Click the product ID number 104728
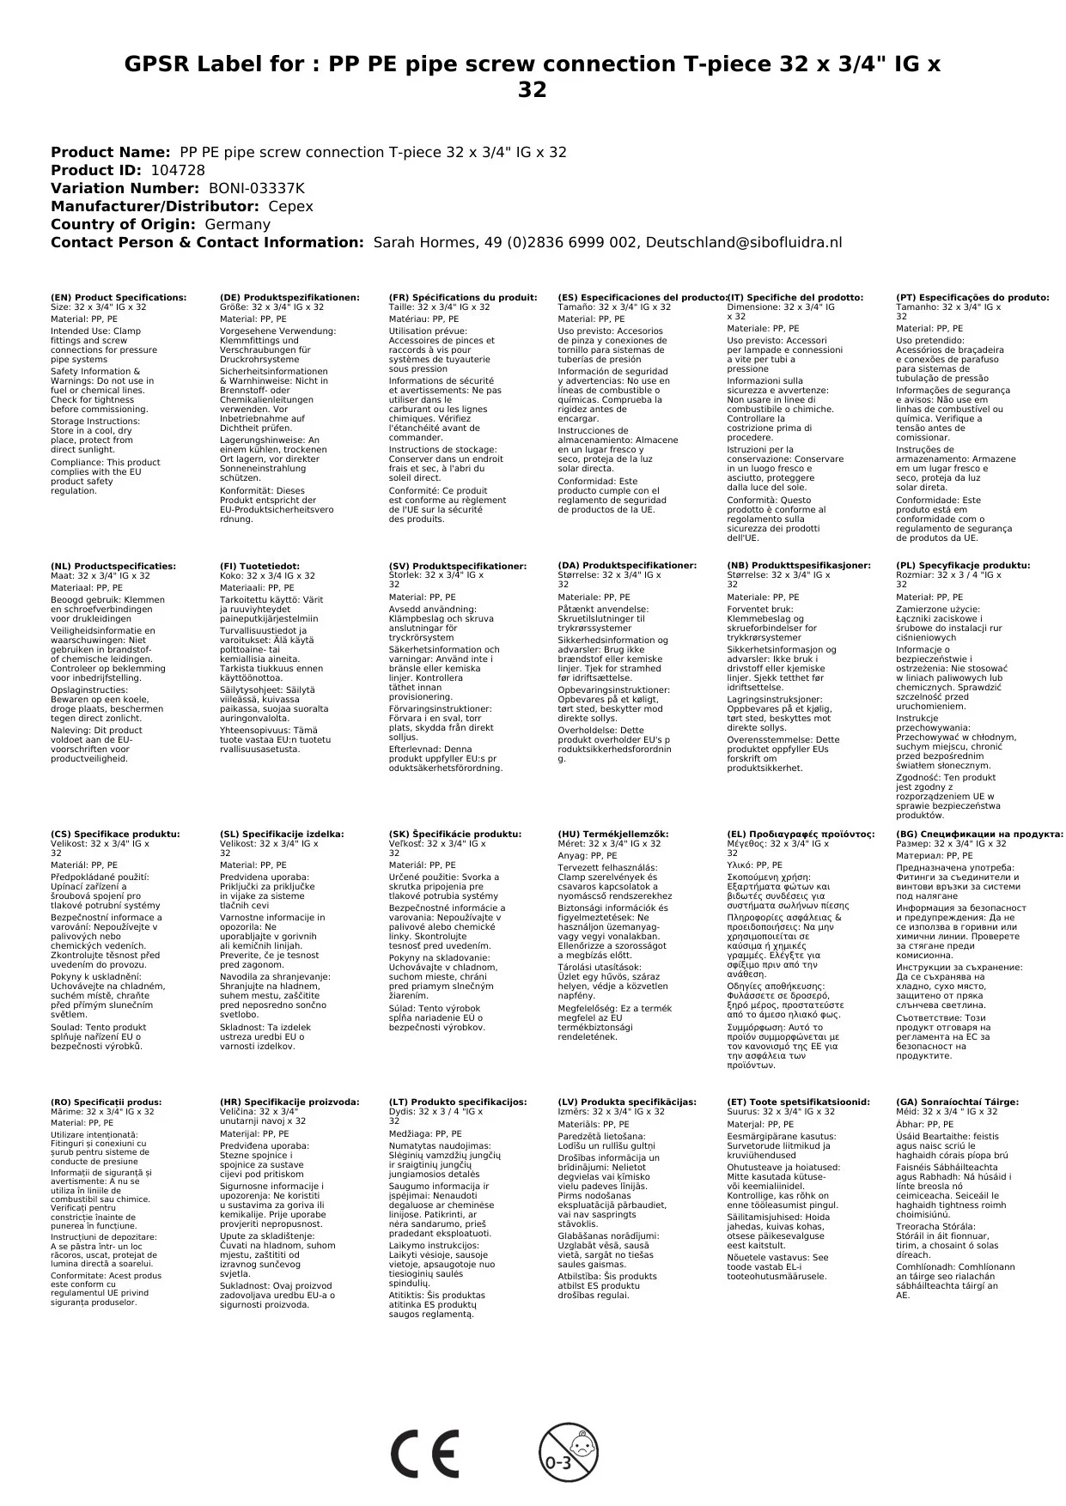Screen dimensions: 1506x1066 tap(178, 170)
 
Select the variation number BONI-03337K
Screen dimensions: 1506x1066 tap(256, 188)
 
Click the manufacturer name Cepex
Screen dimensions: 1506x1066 tap(290, 206)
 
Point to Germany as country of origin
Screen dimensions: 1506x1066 tap(237, 224)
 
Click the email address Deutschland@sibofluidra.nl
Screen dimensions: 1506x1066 tap(743, 242)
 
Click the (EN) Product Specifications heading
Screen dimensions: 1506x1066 tap(119, 297)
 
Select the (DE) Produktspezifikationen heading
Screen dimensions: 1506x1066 tap(289, 297)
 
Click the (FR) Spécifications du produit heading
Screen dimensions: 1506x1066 tap(463, 297)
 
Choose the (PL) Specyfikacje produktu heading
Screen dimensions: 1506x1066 tap(963, 566)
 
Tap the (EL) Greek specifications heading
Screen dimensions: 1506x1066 tap(801, 834)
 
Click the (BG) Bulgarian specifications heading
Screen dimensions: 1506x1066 tap(979, 834)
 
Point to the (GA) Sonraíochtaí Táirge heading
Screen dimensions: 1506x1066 tap(957, 1102)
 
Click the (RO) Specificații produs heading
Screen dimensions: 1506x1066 tap(106, 1102)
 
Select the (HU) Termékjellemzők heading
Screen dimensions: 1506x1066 tap(612, 834)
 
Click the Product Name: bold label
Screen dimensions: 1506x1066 tap(110, 152)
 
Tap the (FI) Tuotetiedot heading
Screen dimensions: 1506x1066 tap(259, 566)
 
